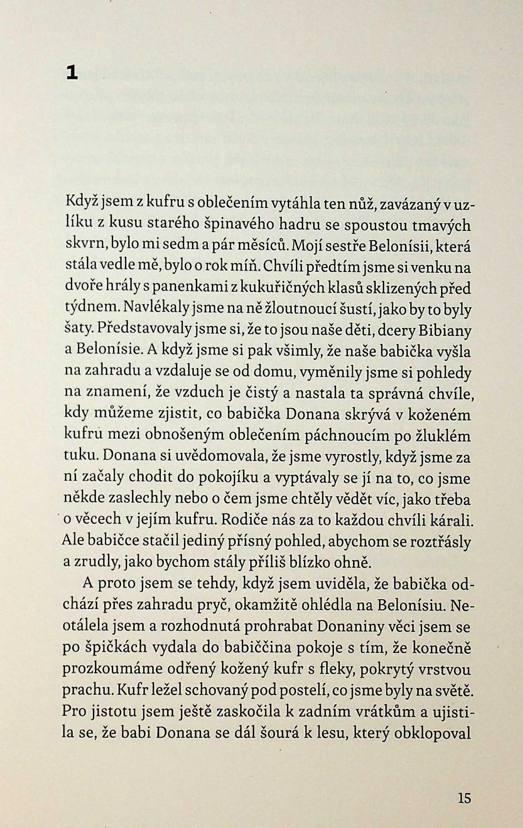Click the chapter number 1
[72, 73]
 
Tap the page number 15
[464, 798]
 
